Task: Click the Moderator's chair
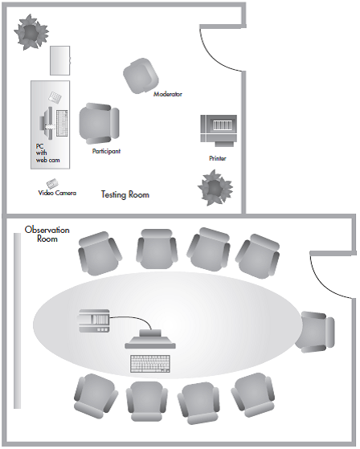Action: point(141,76)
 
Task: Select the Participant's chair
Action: point(99,124)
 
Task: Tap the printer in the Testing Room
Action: point(219,130)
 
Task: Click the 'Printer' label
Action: point(218,158)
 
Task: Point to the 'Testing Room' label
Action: point(125,194)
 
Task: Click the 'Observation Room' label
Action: point(47,234)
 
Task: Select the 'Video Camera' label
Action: point(57,193)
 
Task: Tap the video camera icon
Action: point(52,183)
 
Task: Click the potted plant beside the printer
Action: point(215,188)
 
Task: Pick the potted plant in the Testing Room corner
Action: point(31,32)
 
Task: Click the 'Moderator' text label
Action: point(168,94)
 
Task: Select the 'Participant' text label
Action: point(106,151)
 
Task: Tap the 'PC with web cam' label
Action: point(47,153)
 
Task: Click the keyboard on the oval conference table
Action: point(150,364)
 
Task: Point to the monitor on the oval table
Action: point(150,339)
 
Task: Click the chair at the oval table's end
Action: point(316,333)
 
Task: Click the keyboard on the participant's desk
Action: point(62,123)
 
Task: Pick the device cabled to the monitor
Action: point(94,320)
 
